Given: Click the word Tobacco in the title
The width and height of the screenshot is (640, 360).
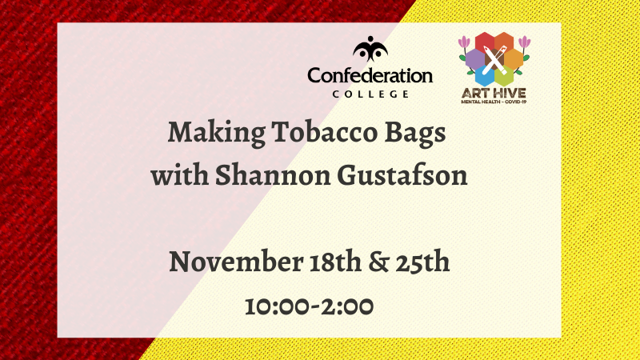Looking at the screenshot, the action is click(325, 132).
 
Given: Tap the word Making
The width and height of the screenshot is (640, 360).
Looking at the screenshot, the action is click(216, 134).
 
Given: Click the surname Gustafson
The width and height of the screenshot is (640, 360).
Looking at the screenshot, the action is click(402, 174).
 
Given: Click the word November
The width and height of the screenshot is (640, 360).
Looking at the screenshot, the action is click(236, 262).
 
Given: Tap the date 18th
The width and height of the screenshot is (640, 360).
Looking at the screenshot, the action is click(335, 262).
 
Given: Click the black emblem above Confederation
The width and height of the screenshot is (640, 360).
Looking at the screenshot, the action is click(370, 49).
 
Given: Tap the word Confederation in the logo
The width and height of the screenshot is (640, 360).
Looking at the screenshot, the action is click(370, 76).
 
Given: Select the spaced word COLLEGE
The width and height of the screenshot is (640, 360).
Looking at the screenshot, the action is click(370, 94).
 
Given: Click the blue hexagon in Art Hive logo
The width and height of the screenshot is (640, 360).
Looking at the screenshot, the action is click(485, 76).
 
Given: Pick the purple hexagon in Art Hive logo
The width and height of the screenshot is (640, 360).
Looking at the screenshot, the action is click(474, 58).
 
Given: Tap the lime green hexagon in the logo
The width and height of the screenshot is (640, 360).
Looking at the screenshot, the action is click(504, 76).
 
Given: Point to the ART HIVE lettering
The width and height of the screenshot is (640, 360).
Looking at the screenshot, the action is click(494, 93).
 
